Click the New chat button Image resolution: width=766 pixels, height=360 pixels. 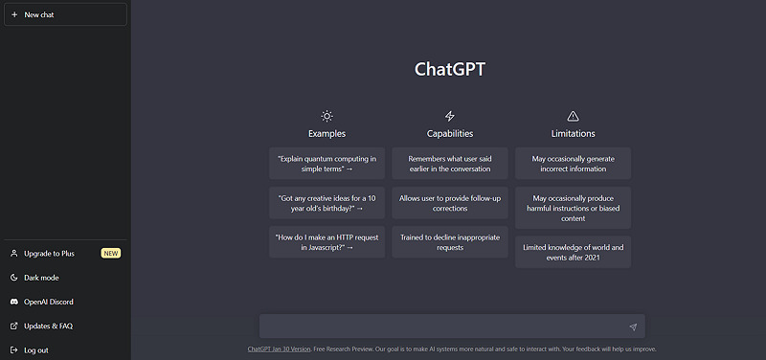(65, 14)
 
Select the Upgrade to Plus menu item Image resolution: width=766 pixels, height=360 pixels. (49, 253)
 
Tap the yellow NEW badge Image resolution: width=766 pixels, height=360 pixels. (111, 253)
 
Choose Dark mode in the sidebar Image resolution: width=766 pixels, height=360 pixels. (41, 278)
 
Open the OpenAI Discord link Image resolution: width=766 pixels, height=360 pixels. (49, 302)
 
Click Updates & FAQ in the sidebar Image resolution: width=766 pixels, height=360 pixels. (48, 326)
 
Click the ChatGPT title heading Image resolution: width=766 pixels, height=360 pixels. (449, 69)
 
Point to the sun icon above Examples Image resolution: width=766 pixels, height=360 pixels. (327, 116)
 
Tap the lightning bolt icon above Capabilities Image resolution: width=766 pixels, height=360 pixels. (450, 116)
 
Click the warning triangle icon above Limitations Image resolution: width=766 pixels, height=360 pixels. (573, 116)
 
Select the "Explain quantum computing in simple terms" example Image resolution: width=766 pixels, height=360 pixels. (327, 163)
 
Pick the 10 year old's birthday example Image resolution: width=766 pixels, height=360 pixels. (327, 202)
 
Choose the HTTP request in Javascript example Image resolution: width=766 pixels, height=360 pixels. (327, 241)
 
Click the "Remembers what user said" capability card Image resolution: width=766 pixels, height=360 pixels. (450, 163)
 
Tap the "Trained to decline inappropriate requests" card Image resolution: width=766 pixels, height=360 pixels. (450, 241)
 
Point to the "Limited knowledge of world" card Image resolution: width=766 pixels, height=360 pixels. (573, 252)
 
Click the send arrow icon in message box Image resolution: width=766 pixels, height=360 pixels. (632, 326)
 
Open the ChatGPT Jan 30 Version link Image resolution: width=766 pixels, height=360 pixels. (279, 349)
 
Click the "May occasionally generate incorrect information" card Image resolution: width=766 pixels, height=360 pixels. (573, 163)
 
